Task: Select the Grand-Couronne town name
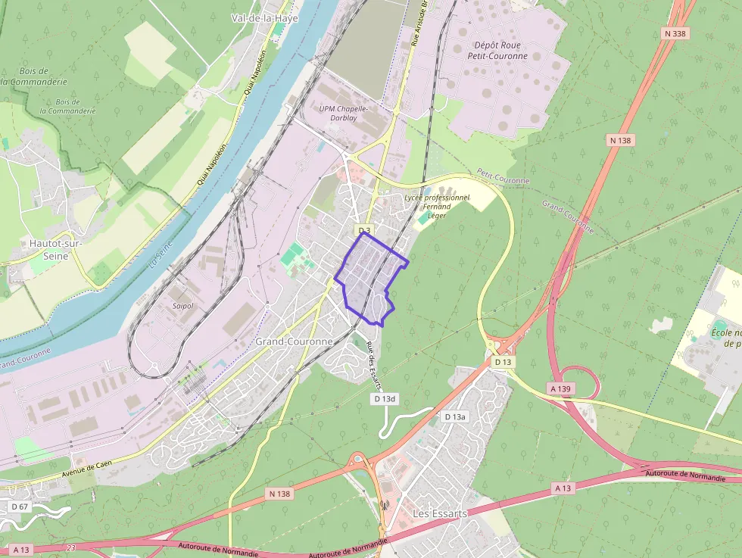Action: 294,341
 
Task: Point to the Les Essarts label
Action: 439,513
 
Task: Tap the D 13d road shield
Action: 385,398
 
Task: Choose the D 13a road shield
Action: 455,417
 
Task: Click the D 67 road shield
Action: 20,506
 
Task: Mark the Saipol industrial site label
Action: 183,306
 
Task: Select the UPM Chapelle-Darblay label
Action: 343,113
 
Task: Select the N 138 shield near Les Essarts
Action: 279,494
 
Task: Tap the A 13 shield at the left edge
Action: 21,550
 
